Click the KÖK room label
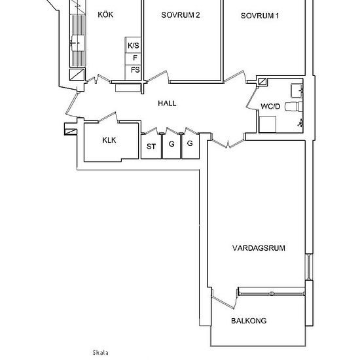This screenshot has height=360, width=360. pyautogui.click(x=105, y=14)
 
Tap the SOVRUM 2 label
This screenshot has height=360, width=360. pyautogui.click(x=181, y=15)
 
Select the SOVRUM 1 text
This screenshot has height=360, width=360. pyautogui.click(x=260, y=16)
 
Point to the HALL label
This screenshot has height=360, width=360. pyautogui.click(x=167, y=103)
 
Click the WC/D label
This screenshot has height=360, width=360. pyautogui.click(x=270, y=106)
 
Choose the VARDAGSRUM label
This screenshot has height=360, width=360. pyautogui.click(x=259, y=248)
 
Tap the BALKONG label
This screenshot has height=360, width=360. pyautogui.click(x=249, y=321)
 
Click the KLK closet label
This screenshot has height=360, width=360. pyautogui.click(x=109, y=140)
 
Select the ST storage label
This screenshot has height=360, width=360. pyautogui.click(x=151, y=147)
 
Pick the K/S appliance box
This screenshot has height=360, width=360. pyautogui.click(x=133, y=45)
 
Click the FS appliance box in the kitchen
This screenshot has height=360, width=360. pyautogui.click(x=133, y=72)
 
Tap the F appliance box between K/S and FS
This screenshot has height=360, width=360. pyautogui.click(x=133, y=59)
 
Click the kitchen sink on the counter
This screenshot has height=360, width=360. pyautogui.click(x=78, y=43)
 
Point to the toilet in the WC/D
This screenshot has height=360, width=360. pyautogui.click(x=293, y=106)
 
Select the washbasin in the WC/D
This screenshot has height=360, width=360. pyautogui.click(x=297, y=91)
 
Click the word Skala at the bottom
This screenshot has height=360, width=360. pyautogui.click(x=101, y=353)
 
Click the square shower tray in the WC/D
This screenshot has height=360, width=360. pyautogui.click(x=268, y=124)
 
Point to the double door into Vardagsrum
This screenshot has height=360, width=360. pyautogui.click(x=228, y=143)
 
